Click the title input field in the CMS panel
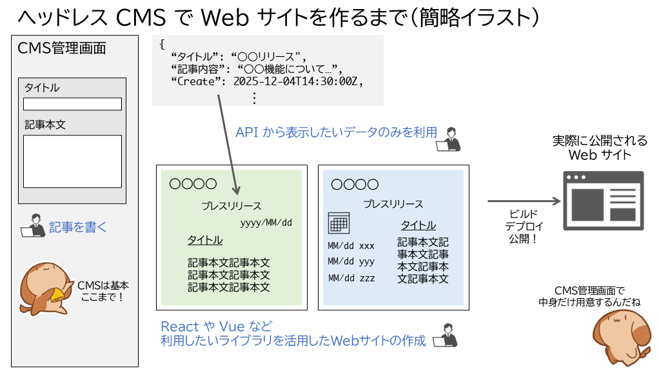[x=72, y=104]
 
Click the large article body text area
[x=72, y=161]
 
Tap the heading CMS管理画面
[x=62, y=48]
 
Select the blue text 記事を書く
[x=78, y=227]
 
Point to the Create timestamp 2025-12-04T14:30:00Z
[x=299, y=82]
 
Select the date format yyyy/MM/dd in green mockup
[x=266, y=223]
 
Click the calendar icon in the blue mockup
[x=339, y=223]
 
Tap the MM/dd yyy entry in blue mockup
[x=351, y=262]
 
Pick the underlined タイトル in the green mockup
[x=205, y=240]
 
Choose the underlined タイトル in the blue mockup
[x=418, y=225]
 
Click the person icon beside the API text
[x=449, y=138]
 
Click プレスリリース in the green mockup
[x=231, y=206]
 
